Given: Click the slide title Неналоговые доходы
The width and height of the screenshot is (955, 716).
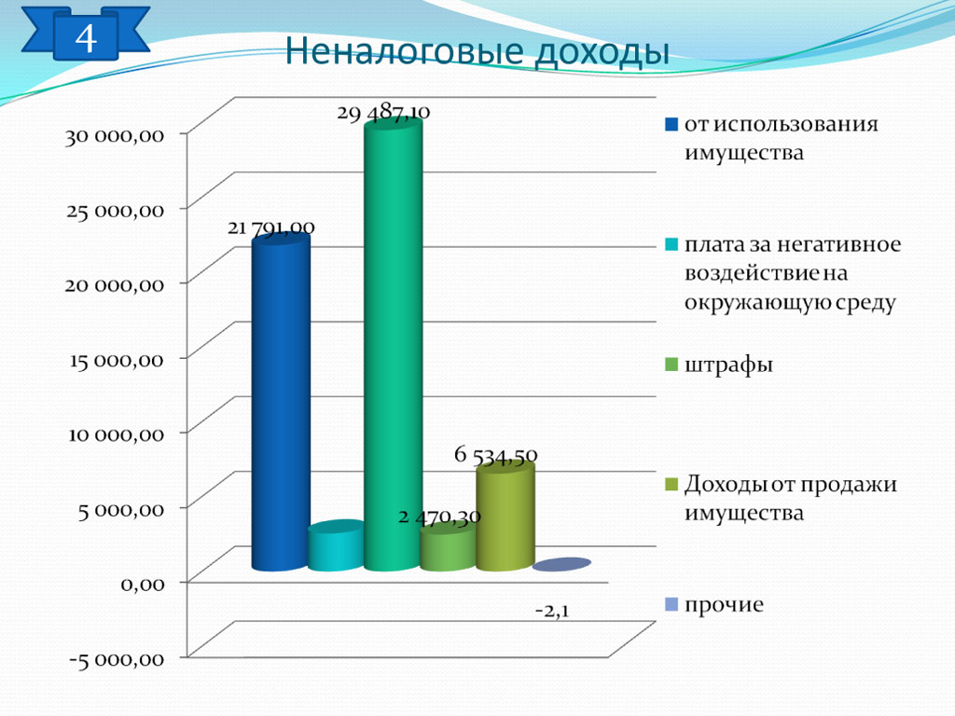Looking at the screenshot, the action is tap(477, 52).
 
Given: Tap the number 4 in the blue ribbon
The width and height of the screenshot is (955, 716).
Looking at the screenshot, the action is tap(86, 37).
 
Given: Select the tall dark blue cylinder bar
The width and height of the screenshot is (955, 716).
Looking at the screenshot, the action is tap(280, 402).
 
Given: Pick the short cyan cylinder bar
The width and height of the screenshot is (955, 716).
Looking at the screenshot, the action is tap(336, 545).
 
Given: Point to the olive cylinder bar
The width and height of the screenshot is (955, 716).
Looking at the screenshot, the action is tap(505, 516).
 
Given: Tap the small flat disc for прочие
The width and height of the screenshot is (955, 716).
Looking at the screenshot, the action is tap(561, 564).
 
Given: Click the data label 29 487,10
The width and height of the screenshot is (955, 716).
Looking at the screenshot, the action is tap(383, 112).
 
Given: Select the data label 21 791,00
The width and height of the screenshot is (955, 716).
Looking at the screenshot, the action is tap(271, 227).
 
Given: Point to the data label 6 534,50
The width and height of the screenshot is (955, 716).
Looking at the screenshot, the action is tap(496, 455).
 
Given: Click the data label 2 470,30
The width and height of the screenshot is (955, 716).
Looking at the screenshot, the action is tap(440, 517).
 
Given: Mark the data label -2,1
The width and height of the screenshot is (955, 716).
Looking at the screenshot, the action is tap(552, 610).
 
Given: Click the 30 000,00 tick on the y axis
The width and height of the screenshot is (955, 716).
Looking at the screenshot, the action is tap(115, 136).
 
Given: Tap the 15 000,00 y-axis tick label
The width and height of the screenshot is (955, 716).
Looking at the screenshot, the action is tap(117, 360).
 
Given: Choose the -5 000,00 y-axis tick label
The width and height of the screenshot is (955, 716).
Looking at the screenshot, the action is tap(117, 659).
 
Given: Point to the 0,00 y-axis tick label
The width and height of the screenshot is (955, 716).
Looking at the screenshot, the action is tap(143, 585).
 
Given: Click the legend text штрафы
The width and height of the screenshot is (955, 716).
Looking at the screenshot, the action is tap(728, 365).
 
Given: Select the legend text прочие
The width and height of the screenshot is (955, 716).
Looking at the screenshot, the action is tap(724, 604).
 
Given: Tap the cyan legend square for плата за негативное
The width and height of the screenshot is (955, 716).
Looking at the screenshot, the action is tap(671, 245).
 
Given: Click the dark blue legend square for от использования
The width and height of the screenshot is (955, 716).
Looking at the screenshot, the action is tap(671, 125).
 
